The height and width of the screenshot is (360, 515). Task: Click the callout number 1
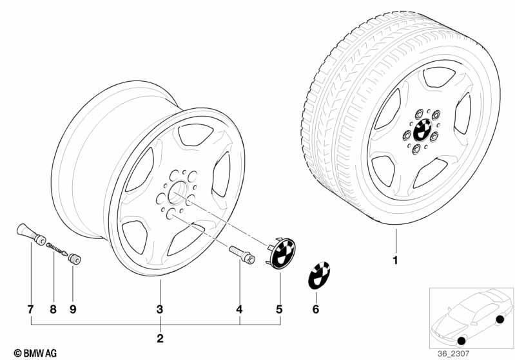click(x=396, y=260)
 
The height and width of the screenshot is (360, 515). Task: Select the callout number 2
click(x=160, y=338)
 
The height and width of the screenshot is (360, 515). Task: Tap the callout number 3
click(x=160, y=309)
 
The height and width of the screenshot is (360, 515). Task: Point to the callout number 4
click(x=239, y=309)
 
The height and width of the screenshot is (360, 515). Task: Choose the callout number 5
click(x=279, y=309)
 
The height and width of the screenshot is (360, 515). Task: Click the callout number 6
click(x=316, y=309)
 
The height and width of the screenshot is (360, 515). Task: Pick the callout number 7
click(x=30, y=309)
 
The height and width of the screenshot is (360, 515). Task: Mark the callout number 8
click(x=53, y=309)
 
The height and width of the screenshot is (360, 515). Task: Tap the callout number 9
click(x=73, y=309)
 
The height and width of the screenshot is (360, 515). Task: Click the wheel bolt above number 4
click(x=242, y=254)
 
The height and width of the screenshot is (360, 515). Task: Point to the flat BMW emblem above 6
click(x=318, y=276)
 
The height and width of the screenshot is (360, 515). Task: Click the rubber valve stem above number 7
click(x=31, y=234)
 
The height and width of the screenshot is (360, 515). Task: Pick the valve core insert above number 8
click(x=57, y=249)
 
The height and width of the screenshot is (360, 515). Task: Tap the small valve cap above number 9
click(x=75, y=258)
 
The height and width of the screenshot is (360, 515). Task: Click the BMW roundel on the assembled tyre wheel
click(x=423, y=130)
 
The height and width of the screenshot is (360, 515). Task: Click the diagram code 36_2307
click(x=454, y=354)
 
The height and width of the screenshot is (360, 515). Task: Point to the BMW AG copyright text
click(x=35, y=353)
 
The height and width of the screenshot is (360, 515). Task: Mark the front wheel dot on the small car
click(x=462, y=341)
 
